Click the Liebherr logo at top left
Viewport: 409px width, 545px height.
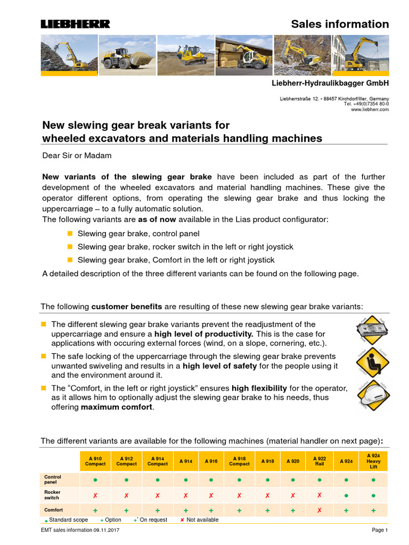pos(76,24)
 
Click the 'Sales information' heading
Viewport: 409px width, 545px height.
pos(340,24)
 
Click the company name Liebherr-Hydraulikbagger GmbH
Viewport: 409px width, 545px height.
pos(331,84)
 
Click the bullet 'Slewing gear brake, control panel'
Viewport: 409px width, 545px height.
pos(138,234)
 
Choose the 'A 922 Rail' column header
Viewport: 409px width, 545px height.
pos(320,461)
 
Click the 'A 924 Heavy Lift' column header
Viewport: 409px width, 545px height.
pos(373,461)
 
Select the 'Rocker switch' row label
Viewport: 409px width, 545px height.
pos(53,495)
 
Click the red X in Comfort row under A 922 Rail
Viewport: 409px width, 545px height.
pos(320,510)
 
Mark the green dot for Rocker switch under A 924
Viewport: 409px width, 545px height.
pos(347,495)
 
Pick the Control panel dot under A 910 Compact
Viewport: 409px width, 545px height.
pos(95,480)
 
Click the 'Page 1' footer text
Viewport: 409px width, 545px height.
pos(380,531)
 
